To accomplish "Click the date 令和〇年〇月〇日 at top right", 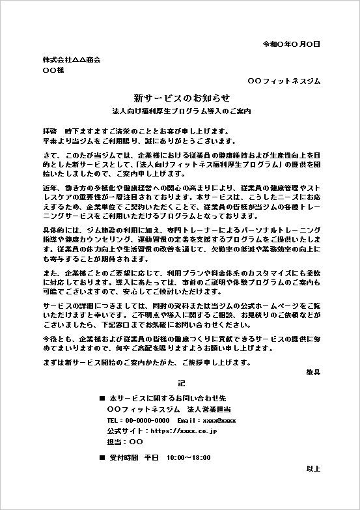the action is tap(291, 44).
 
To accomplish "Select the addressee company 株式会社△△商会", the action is tap(72, 60).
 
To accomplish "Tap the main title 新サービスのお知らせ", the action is tap(182, 98).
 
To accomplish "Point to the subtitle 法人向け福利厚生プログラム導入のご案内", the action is tap(182, 111).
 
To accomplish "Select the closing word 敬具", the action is tap(313, 372).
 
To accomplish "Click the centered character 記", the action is tap(182, 384).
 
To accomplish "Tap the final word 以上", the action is tap(313, 468).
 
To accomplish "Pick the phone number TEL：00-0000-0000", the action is tap(138, 421).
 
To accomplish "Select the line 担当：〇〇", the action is tap(120, 442).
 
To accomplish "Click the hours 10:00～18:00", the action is tap(189, 458).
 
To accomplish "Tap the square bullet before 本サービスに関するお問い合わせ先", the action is tap(102, 397).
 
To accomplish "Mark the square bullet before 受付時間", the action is tap(102, 458).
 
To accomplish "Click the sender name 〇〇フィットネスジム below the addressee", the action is tap(284, 81).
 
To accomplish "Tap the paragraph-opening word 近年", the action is tap(50, 188).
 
